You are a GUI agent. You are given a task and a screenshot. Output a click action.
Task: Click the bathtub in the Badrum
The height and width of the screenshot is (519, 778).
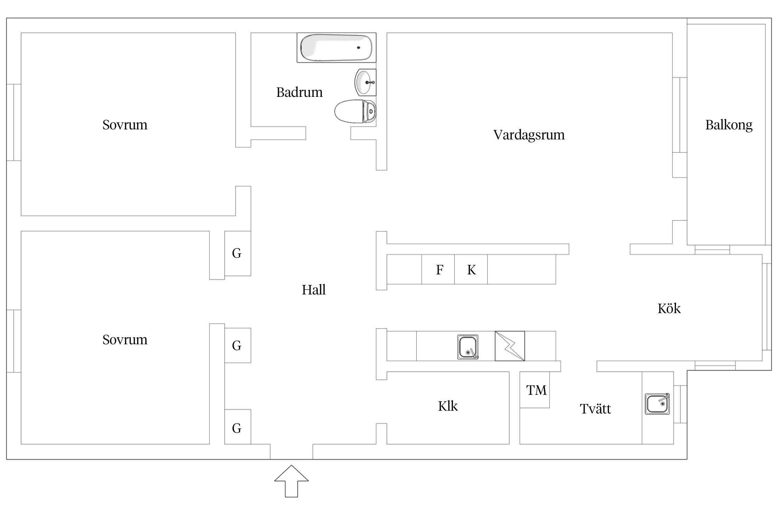pyautogui.click(x=336, y=48)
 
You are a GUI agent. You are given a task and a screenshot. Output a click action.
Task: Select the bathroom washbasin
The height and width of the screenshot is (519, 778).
pyautogui.click(x=365, y=82)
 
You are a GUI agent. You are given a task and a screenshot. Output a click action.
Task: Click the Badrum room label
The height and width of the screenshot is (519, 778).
pyautogui.click(x=299, y=92)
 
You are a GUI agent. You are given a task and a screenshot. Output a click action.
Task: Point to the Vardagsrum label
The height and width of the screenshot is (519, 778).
pyautogui.click(x=529, y=135)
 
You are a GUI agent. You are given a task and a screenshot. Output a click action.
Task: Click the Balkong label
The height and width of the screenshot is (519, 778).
pyautogui.click(x=729, y=125)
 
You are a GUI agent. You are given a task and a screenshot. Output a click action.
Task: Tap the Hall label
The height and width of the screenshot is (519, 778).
pyautogui.click(x=313, y=290)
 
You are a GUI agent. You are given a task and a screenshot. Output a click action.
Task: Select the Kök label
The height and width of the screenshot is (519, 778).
pyautogui.click(x=669, y=309)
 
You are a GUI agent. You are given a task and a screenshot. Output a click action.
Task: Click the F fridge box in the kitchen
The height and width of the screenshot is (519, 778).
pyautogui.click(x=438, y=270)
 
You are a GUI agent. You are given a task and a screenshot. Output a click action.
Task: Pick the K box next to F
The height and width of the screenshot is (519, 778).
pyautogui.click(x=471, y=270)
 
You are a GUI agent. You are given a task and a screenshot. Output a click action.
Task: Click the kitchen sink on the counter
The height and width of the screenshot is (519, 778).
pyautogui.click(x=467, y=347)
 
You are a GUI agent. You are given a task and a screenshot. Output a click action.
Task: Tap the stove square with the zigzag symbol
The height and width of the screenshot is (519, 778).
pyautogui.click(x=510, y=346)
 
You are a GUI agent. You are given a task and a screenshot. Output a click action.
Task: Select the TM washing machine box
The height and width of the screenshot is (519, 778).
pyautogui.click(x=535, y=390)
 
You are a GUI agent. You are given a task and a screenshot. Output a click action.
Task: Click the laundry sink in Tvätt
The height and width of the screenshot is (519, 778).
pyautogui.click(x=657, y=404)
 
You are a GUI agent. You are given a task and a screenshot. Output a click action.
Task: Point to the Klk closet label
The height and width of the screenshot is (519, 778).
pyautogui.click(x=447, y=406)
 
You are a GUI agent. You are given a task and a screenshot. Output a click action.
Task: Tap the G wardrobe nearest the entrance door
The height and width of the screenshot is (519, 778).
pyautogui.click(x=238, y=427)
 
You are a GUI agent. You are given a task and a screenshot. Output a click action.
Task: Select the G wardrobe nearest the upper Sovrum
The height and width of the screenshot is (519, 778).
pyautogui.click(x=238, y=253)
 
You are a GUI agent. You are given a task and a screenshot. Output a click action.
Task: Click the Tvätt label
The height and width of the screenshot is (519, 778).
pyautogui.click(x=595, y=409)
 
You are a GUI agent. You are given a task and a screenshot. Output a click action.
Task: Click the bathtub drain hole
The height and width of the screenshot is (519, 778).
pyautogui.click(x=359, y=48)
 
